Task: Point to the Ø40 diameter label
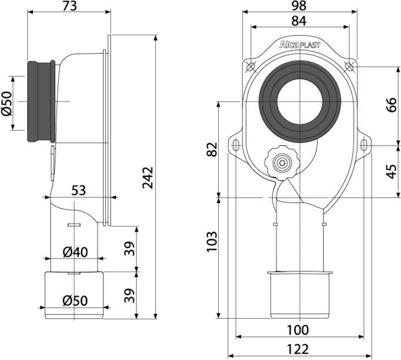[x=75, y=251]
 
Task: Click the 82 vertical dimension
[x=212, y=149]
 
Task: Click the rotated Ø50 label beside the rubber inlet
[x=6, y=104]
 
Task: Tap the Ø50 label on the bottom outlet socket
[x=75, y=300]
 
